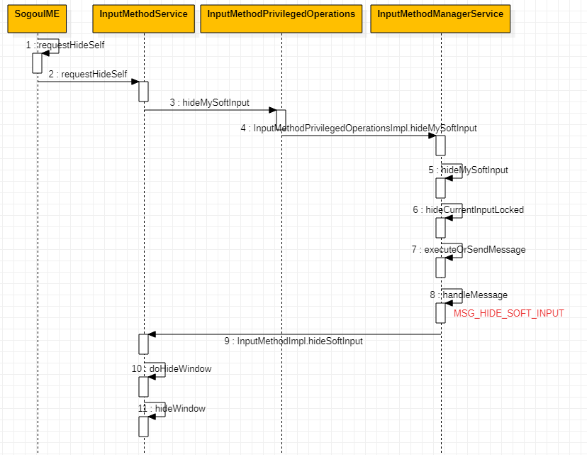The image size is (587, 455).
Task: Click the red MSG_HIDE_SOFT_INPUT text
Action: tap(508, 313)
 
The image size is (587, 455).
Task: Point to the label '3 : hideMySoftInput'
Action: tap(209, 103)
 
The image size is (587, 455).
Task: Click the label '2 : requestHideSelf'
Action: tap(88, 75)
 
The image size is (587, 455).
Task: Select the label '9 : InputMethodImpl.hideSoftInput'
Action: tap(293, 341)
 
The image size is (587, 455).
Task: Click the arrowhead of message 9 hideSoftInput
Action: tap(151, 334)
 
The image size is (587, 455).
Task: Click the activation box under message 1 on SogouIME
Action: tap(38, 62)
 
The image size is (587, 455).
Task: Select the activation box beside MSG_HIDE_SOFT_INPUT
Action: tap(440, 312)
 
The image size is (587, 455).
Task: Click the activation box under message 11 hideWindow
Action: tap(143, 426)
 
